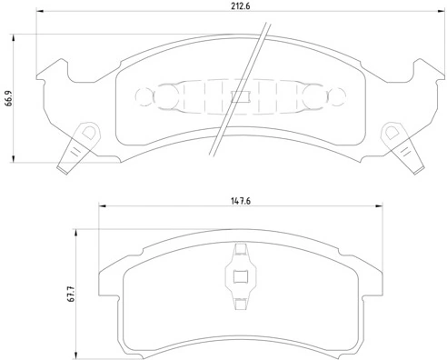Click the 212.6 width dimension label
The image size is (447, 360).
click(241, 6)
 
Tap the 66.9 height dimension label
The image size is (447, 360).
click(9, 98)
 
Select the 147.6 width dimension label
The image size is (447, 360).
click(241, 201)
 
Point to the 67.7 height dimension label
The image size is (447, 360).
click(72, 294)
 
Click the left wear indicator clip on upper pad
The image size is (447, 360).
click(78, 147)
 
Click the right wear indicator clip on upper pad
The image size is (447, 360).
click(402, 147)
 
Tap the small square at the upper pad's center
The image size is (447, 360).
click(240, 96)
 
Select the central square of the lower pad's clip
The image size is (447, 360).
click(241, 276)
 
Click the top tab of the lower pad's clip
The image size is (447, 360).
click(241, 249)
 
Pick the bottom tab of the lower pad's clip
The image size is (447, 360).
click(241, 304)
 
